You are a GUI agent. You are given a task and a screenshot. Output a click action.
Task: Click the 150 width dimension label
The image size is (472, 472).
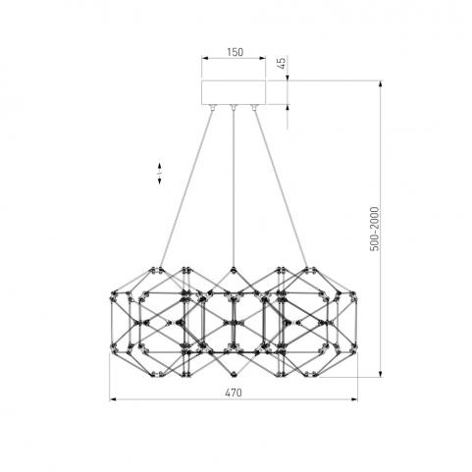pos(235,52)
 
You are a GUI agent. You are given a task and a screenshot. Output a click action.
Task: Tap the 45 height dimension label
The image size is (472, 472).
pos(282,62)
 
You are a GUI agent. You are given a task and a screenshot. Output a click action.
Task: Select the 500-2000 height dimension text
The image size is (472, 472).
pos(374,229)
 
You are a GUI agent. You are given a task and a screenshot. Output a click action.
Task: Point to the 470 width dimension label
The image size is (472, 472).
pos(234,393)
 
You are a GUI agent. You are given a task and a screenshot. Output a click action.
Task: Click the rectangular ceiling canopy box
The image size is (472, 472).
pos(234,92)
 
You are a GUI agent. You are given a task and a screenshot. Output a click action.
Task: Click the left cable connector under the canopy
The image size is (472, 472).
pos(213,108)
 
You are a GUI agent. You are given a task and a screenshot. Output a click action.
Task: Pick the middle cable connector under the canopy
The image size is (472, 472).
pos(234,108)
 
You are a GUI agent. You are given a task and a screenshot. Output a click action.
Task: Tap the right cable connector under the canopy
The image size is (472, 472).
pos(254,108)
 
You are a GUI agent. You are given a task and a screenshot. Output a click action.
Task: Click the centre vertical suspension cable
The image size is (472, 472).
pos(234,189)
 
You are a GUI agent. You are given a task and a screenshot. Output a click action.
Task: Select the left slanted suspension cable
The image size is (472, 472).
pos(186,189)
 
